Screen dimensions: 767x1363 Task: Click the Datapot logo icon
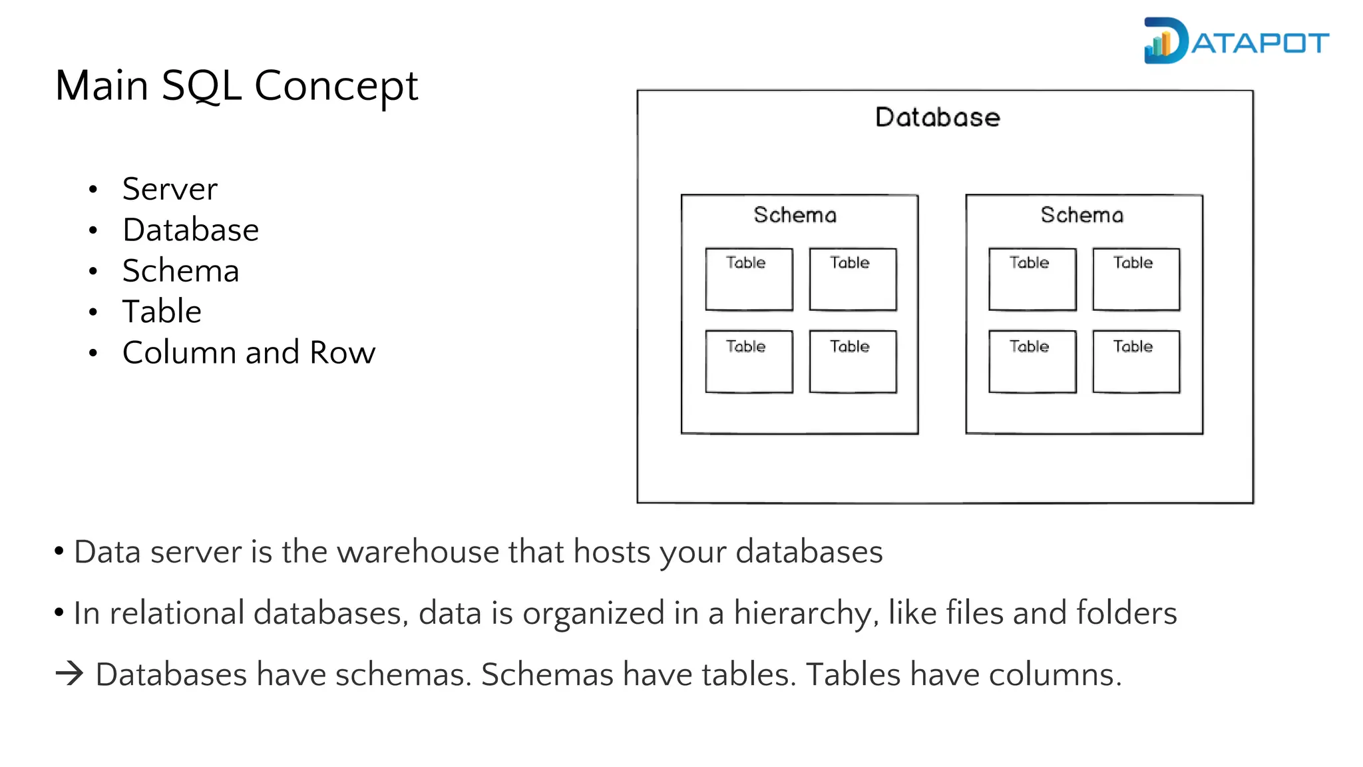pos(1165,41)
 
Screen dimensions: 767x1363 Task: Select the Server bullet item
pos(170,189)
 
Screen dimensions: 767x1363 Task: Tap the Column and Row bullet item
pos(248,352)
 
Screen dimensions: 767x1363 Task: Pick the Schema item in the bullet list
pos(180,271)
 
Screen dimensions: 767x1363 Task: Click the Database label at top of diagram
pos(937,118)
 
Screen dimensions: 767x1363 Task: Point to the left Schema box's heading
pos(795,215)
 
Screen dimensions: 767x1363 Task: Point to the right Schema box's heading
pos(1081,215)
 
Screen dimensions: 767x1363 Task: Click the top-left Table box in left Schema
pos(749,279)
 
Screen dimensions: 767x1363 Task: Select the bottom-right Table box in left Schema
pos(853,362)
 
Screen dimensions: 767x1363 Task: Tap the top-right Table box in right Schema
pos(1136,279)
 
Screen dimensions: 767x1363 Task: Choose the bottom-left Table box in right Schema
pos(1032,362)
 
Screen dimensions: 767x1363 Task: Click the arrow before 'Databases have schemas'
pos(69,674)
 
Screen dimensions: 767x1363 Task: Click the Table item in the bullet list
pos(162,312)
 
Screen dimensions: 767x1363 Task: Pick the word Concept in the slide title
pos(336,86)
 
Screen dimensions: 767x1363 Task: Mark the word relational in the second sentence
pos(176,613)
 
